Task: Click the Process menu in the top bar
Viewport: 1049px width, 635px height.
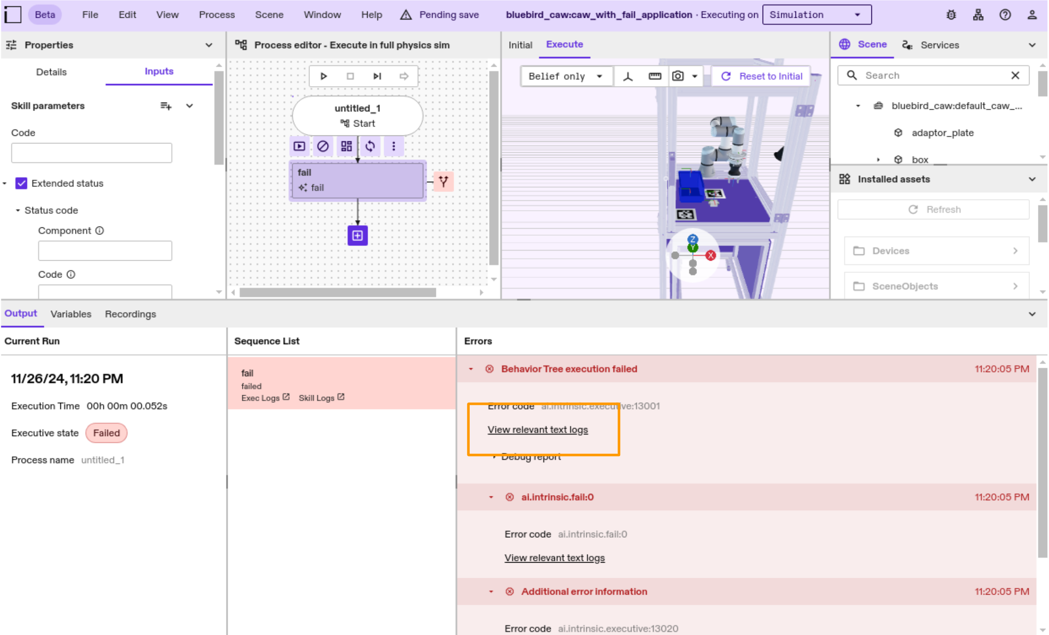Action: coord(217,15)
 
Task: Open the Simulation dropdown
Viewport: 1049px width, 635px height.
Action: coord(816,15)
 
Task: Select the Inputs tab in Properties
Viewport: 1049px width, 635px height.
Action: coord(159,71)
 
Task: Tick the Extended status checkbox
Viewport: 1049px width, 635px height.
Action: coord(21,183)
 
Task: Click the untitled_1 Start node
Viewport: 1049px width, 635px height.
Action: coord(357,115)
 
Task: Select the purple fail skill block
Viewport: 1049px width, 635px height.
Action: coord(357,180)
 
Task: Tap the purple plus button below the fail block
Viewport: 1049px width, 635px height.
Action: coord(357,236)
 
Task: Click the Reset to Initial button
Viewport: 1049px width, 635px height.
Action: coord(762,76)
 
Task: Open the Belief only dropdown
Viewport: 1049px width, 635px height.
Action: coord(565,76)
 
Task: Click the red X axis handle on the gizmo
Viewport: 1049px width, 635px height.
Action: coord(710,255)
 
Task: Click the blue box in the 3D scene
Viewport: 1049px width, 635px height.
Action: coord(691,186)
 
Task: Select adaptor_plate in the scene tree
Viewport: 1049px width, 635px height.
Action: coord(942,133)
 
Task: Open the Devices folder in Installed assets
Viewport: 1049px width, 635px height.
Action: coord(936,251)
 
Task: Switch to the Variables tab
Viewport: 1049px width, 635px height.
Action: coord(71,314)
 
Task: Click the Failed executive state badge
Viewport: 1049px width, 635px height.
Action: coord(106,433)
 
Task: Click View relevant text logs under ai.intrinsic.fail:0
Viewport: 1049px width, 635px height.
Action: coord(554,558)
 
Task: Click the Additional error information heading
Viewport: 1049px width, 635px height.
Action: coord(583,591)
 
